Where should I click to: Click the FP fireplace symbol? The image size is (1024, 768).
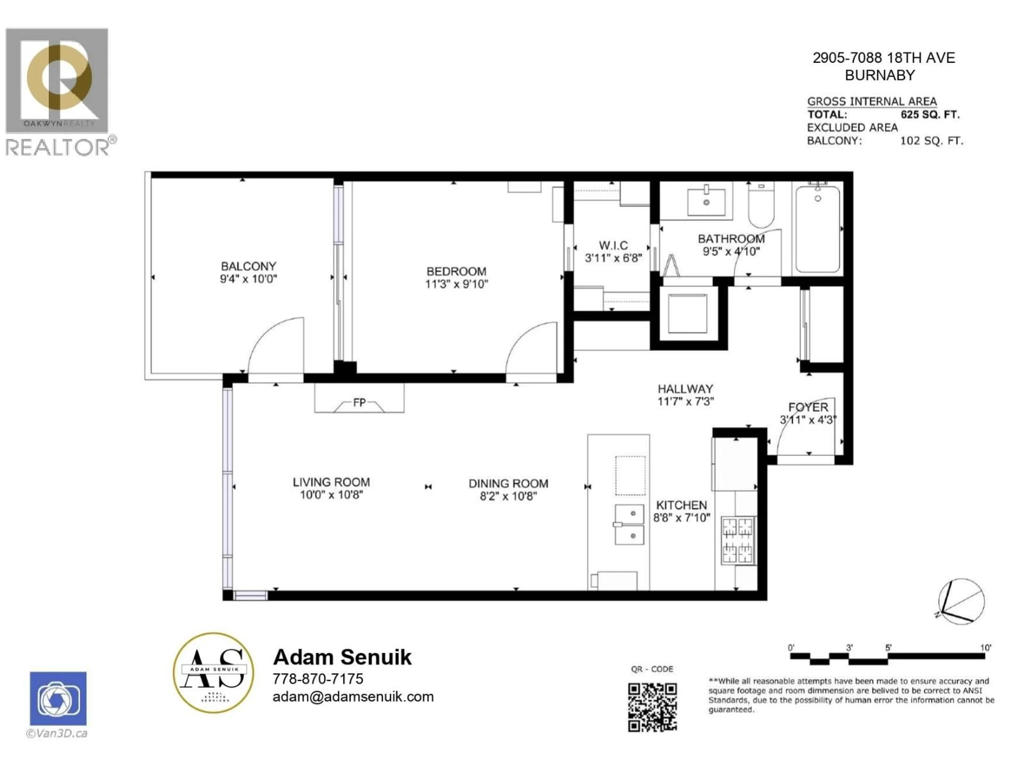(359, 403)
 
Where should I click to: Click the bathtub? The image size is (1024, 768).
(818, 229)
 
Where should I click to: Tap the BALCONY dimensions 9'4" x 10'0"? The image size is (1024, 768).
(249, 279)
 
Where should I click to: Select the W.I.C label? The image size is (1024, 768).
(613, 245)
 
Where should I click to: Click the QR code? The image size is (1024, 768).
(652, 707)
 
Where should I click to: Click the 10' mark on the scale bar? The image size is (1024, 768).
(985, 648)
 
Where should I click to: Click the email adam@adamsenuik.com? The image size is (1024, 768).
(353, 697)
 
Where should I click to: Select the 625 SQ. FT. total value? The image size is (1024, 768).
(930, 114)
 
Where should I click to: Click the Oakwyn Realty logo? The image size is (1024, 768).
(57, 80)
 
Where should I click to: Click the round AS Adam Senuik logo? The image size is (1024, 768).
(213, 673)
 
